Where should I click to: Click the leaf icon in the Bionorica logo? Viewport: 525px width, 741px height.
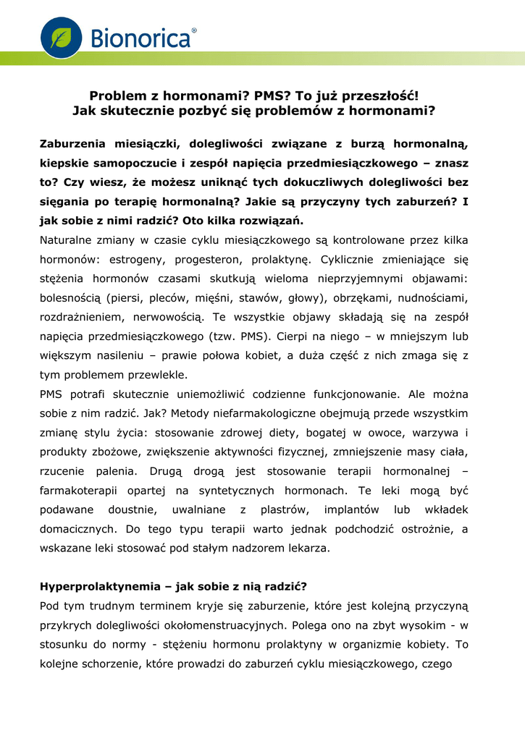61,38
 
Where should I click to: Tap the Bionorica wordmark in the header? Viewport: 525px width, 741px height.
140,38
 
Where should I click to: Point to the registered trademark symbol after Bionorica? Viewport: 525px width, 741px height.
193,31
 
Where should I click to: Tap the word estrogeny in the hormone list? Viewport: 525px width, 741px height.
138,258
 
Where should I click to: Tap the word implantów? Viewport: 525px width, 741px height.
350,509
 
